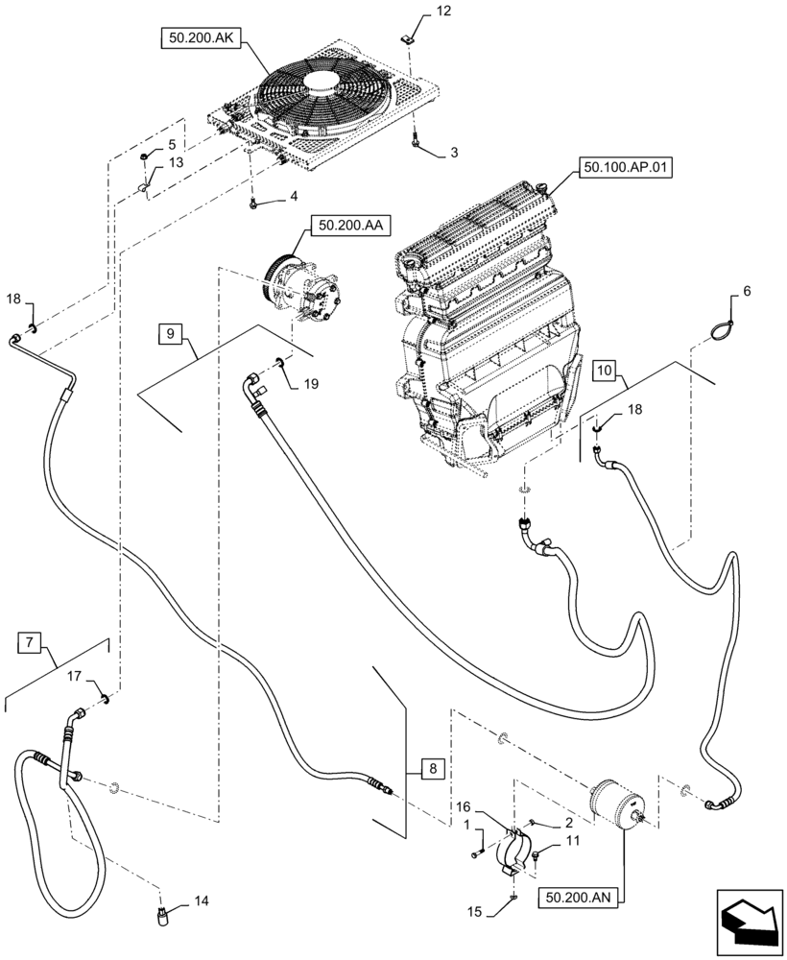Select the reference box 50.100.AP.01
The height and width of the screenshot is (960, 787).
(624, 168)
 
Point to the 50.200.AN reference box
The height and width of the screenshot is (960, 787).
(580, 897)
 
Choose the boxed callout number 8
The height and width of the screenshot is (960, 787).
(432, 768)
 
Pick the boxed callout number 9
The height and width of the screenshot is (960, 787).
(170, 334)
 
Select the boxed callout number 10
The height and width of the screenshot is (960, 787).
(603, 369)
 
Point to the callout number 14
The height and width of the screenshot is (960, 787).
(201, 901)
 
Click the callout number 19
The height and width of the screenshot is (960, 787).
(310, 384)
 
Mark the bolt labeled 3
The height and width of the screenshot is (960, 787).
(414, 142)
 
